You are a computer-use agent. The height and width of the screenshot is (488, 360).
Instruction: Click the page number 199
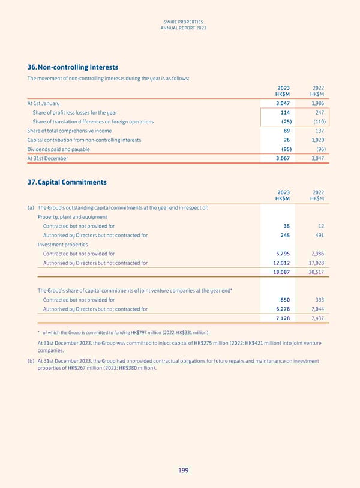[182, 471]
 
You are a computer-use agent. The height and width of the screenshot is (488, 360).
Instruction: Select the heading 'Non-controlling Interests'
[77, 68]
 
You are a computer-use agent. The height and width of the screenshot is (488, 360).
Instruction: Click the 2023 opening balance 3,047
[281, 103]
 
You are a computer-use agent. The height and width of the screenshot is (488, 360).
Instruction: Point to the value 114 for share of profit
[284, 112]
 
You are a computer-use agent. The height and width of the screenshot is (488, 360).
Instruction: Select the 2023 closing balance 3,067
[281, 158]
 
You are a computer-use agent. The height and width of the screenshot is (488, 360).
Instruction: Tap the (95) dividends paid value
[283, 149]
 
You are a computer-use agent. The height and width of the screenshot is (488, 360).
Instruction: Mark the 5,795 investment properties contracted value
[281, 254]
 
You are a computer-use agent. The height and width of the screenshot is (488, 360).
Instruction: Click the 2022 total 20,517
[315, 272]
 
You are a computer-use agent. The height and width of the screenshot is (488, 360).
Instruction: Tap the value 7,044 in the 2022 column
[316, 309]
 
